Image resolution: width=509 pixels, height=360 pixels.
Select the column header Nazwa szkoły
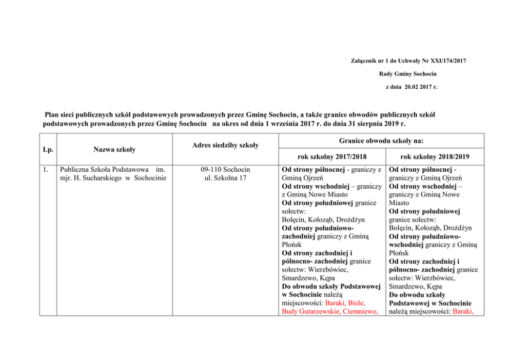[114, 149]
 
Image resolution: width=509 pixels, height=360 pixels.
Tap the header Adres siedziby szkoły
[226, 146]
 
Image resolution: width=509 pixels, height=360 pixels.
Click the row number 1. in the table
[47, 169]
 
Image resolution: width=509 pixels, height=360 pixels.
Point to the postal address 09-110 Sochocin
[226, 169]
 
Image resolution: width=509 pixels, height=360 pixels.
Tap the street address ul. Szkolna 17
[226, 177]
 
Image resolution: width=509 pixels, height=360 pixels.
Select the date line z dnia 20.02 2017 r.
[411, 87]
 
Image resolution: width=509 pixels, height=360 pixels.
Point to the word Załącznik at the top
[362, 61]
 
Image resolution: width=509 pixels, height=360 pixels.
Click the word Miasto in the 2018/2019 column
[400, 203]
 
